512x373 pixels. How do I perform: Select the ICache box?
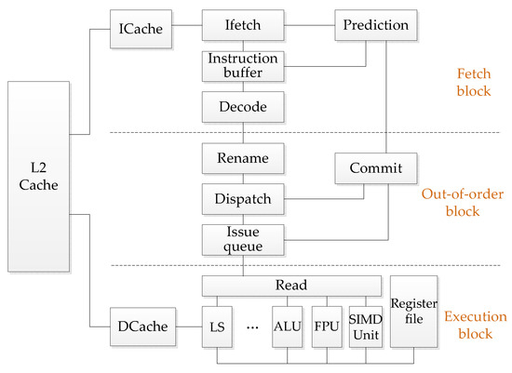tap(141, 27)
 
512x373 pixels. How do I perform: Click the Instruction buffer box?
tap(241, 66)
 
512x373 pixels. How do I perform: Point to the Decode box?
tap(241, 107)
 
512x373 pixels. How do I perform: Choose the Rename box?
tap(241, 158)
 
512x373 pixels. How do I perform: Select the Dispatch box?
tap(241, 198)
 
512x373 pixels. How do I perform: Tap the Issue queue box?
tap(241, 239)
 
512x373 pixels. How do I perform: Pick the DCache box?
tap(141, 327)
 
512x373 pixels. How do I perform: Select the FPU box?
tap(328, 327)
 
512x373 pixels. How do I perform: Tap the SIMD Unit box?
tap(365, 327)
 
